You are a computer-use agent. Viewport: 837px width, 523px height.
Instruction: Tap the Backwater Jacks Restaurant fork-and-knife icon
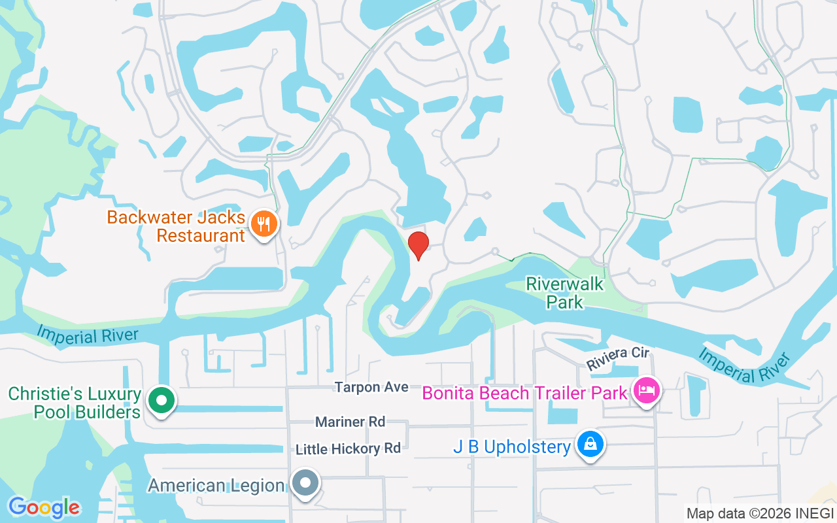point(264,224)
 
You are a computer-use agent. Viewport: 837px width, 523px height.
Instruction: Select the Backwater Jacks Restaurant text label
point(176,226)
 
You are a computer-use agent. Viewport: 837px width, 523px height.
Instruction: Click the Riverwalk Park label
point(565,293)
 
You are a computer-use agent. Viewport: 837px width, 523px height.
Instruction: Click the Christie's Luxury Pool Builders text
point(75,403)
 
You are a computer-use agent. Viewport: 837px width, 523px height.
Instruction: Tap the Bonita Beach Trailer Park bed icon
point(647,392)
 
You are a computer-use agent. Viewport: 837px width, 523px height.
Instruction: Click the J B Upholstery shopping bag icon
point(590,445)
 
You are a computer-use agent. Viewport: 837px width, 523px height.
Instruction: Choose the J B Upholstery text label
point(512,447)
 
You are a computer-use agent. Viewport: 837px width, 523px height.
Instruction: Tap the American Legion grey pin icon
point(305,484)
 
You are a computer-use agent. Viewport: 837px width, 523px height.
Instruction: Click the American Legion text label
point(216,486)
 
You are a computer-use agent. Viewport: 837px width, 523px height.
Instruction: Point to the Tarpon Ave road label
point(371,387)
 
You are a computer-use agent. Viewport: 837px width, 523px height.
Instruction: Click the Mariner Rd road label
point(350,422)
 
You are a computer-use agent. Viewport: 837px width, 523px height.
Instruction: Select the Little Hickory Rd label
point(348,448)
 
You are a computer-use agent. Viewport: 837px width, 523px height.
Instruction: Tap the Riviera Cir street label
point(617,359)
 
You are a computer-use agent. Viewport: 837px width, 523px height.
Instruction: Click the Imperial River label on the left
point(88,335)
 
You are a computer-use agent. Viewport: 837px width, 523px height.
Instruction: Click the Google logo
point(44,507)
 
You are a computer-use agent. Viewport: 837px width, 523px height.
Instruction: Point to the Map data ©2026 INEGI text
point(760,514)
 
